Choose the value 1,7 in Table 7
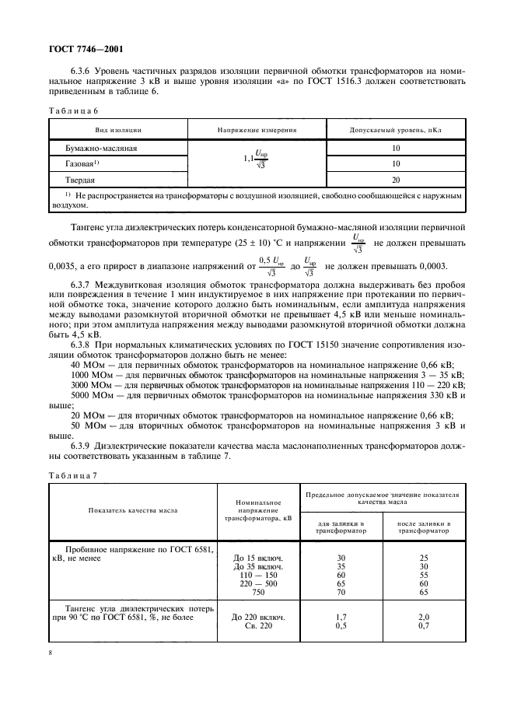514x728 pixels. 341,617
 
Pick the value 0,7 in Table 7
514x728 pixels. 423,626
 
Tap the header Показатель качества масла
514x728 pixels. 132,510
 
